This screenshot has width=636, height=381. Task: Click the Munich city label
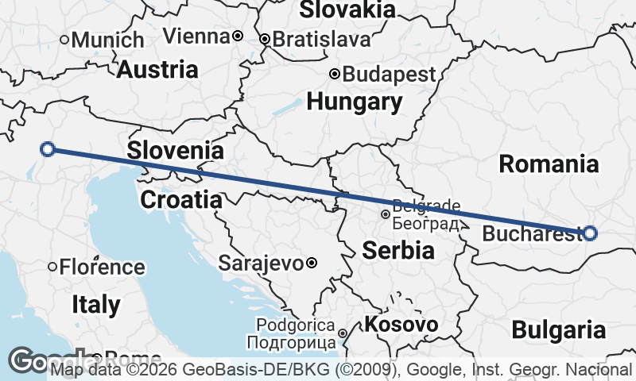(108, 40)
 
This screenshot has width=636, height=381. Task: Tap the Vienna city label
(196, 37)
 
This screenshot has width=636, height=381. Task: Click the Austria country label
(157, 69)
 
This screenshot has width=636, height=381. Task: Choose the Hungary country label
(355, 102)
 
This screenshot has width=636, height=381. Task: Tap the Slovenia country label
(175, 150)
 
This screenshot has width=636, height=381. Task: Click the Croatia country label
(180, 199)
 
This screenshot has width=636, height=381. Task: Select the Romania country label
(549, 164)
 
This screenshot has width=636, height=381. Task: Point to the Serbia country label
(398, 251)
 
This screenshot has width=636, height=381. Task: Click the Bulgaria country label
(559, 329)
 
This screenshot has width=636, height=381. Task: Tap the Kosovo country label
(401, 324)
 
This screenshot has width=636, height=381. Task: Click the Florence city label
(100, 267)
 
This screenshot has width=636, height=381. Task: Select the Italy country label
(96, 304)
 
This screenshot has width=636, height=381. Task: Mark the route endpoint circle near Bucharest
(590, 233)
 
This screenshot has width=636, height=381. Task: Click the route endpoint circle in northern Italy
(48, 148)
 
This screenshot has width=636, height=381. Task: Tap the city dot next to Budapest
(335, 75)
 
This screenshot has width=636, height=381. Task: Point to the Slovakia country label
(347, 10)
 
